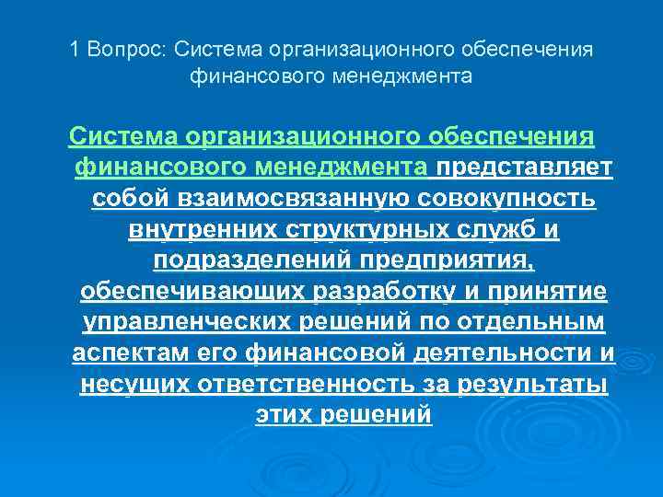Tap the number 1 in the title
(x=76, y=48)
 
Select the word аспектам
(x=132, y=354)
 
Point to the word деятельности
(x=500, y=354)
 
